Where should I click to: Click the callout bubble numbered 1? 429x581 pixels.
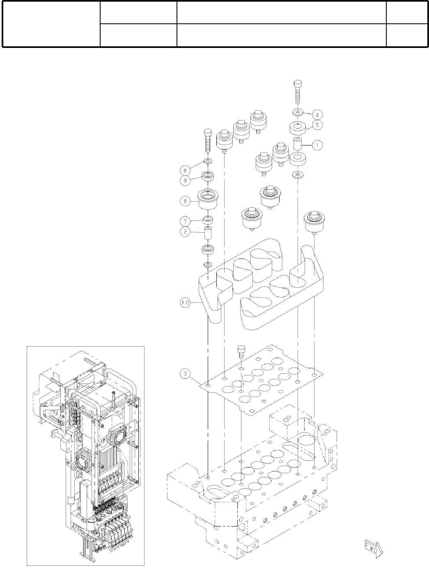click(317, 145)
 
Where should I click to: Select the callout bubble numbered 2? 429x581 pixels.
click(185, 231)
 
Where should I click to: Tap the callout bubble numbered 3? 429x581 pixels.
click(185, 373)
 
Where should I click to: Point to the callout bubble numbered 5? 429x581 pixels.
click(317, 125)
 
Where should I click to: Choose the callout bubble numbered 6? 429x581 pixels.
click(185, 170)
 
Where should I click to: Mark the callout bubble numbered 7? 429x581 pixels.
click(185, 221)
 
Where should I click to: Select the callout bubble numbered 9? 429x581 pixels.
click(185, 179)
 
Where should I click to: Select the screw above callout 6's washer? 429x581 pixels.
click(208, 142)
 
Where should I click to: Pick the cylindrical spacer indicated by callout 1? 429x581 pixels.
click(298, 145)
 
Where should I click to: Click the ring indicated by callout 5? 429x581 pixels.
click(298, 127)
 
